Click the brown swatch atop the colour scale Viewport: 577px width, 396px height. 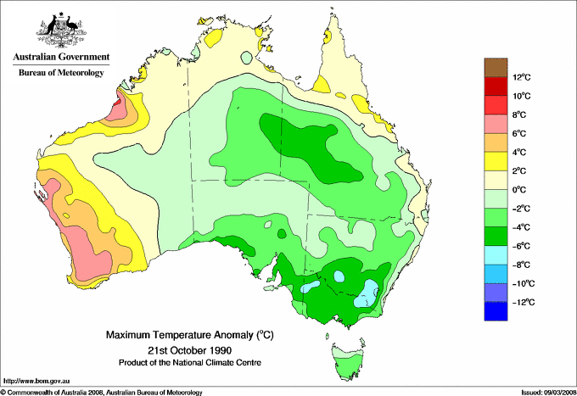click(x=495, y=67)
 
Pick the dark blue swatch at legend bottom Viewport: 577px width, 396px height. click(x=495, y=311)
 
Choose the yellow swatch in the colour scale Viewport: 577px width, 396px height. click(x=495, y=161)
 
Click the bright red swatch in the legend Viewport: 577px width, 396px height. click(x=495, y=105)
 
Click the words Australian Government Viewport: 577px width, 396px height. click(x=60, y=57)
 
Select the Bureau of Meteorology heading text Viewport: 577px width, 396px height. click(x=60, y=73)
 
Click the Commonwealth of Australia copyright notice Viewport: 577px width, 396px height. click(x=102, y=392)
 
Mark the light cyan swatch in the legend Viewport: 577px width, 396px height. click(x=495, y=255)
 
